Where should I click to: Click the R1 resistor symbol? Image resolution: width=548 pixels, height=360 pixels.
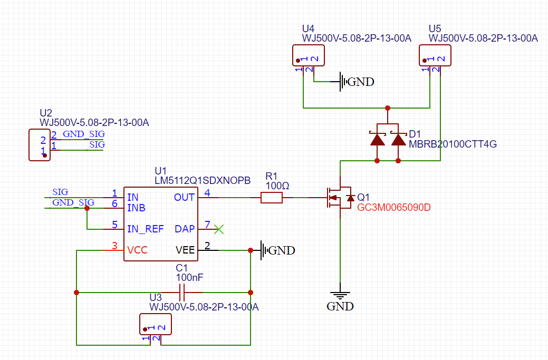tap(272, 198)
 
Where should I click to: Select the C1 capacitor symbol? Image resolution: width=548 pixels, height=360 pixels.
tap(181, 293)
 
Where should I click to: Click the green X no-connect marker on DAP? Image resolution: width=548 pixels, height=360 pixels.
tap(219, 229)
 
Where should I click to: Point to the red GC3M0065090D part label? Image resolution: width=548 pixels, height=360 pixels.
tap(394, 208)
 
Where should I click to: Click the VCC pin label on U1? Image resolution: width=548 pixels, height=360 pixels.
tap(137, 250)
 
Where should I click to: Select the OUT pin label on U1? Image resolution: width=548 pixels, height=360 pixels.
tap(184, 198)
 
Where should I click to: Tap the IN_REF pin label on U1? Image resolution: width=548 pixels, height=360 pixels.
tap(146, 229)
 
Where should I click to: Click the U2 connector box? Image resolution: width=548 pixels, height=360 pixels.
tap(40, 145)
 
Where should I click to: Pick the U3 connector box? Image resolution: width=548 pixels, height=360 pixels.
tap(156, 324)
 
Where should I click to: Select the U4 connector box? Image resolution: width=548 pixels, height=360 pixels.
tap(309, 55)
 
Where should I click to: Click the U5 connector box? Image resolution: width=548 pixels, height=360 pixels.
tap(435, 55)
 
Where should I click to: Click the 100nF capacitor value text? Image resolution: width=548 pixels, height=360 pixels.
tap(189, 278)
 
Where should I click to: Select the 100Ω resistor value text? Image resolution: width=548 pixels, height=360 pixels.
tap(277, 186)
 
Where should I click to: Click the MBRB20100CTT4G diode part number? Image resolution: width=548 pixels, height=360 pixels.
tap(453, 144)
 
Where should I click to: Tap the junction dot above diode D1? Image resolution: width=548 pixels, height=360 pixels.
tap(388, 108)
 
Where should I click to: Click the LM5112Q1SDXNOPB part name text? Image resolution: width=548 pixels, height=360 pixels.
tap(203, 180)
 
